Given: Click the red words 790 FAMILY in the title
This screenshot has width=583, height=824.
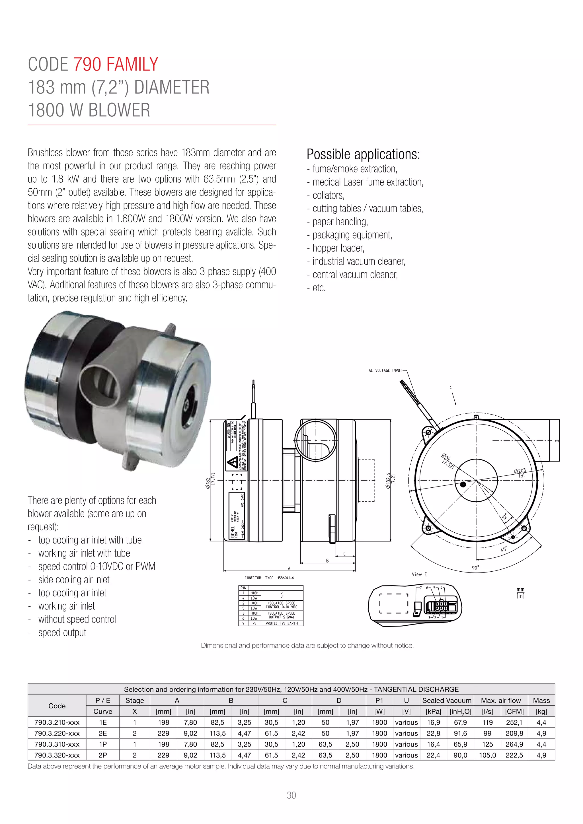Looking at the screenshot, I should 116,65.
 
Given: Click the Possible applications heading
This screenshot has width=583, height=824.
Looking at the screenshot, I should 363,154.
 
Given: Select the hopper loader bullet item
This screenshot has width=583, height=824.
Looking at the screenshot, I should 338,248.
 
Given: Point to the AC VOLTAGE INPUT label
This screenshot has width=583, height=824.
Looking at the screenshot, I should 385,370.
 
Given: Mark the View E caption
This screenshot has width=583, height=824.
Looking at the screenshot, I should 419,574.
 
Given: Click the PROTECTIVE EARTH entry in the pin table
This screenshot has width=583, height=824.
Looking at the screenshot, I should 282,623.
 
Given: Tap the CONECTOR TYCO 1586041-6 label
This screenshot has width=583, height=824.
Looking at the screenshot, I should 269,578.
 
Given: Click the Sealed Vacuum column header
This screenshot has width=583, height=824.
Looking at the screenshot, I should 447,700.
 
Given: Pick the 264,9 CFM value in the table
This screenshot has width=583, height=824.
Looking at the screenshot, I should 514,744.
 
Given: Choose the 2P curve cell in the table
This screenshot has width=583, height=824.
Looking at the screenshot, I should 103,755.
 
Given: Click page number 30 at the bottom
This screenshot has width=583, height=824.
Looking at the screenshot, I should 291,795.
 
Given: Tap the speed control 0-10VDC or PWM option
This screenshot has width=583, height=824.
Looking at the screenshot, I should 97,566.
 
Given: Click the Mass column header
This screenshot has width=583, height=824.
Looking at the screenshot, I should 541,700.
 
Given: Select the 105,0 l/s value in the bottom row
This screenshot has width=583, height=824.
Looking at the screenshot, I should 487,755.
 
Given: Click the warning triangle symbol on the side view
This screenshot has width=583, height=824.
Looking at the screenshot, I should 232,464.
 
